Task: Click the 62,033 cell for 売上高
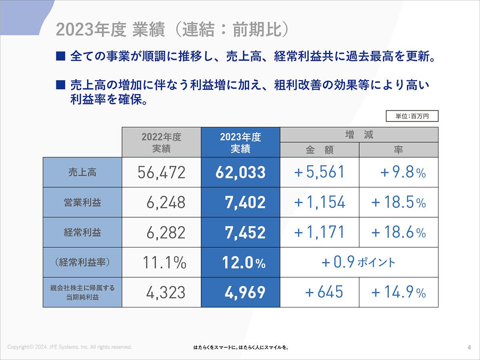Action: [x=240, y=172]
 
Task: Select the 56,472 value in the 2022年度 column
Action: [x=162, y=172]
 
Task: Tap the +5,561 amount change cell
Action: [x=320, y=172]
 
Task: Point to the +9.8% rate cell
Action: [x=398, y=172]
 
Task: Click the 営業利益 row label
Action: [x=82, y=202]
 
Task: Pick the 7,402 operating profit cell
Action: [x=240, y=202]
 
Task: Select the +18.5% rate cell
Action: [x=398, y=202]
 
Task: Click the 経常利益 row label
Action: [x=82, y=232]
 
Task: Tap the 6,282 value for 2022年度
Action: [x=162, y=232]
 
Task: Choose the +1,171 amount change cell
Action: [x=320, y=232]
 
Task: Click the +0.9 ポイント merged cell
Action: [x=359, y=262]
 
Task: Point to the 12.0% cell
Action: [x=240, y=262]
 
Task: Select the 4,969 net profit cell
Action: [x=240, y=292]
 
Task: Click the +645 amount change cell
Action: [x=320, y=292]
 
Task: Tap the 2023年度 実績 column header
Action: [x=240, y=142]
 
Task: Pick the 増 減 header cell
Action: [x=359, y=135]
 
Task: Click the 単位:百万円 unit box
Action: [x=412, y=116]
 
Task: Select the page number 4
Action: [x=469, y=347]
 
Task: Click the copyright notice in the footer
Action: [x=70, y=347]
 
